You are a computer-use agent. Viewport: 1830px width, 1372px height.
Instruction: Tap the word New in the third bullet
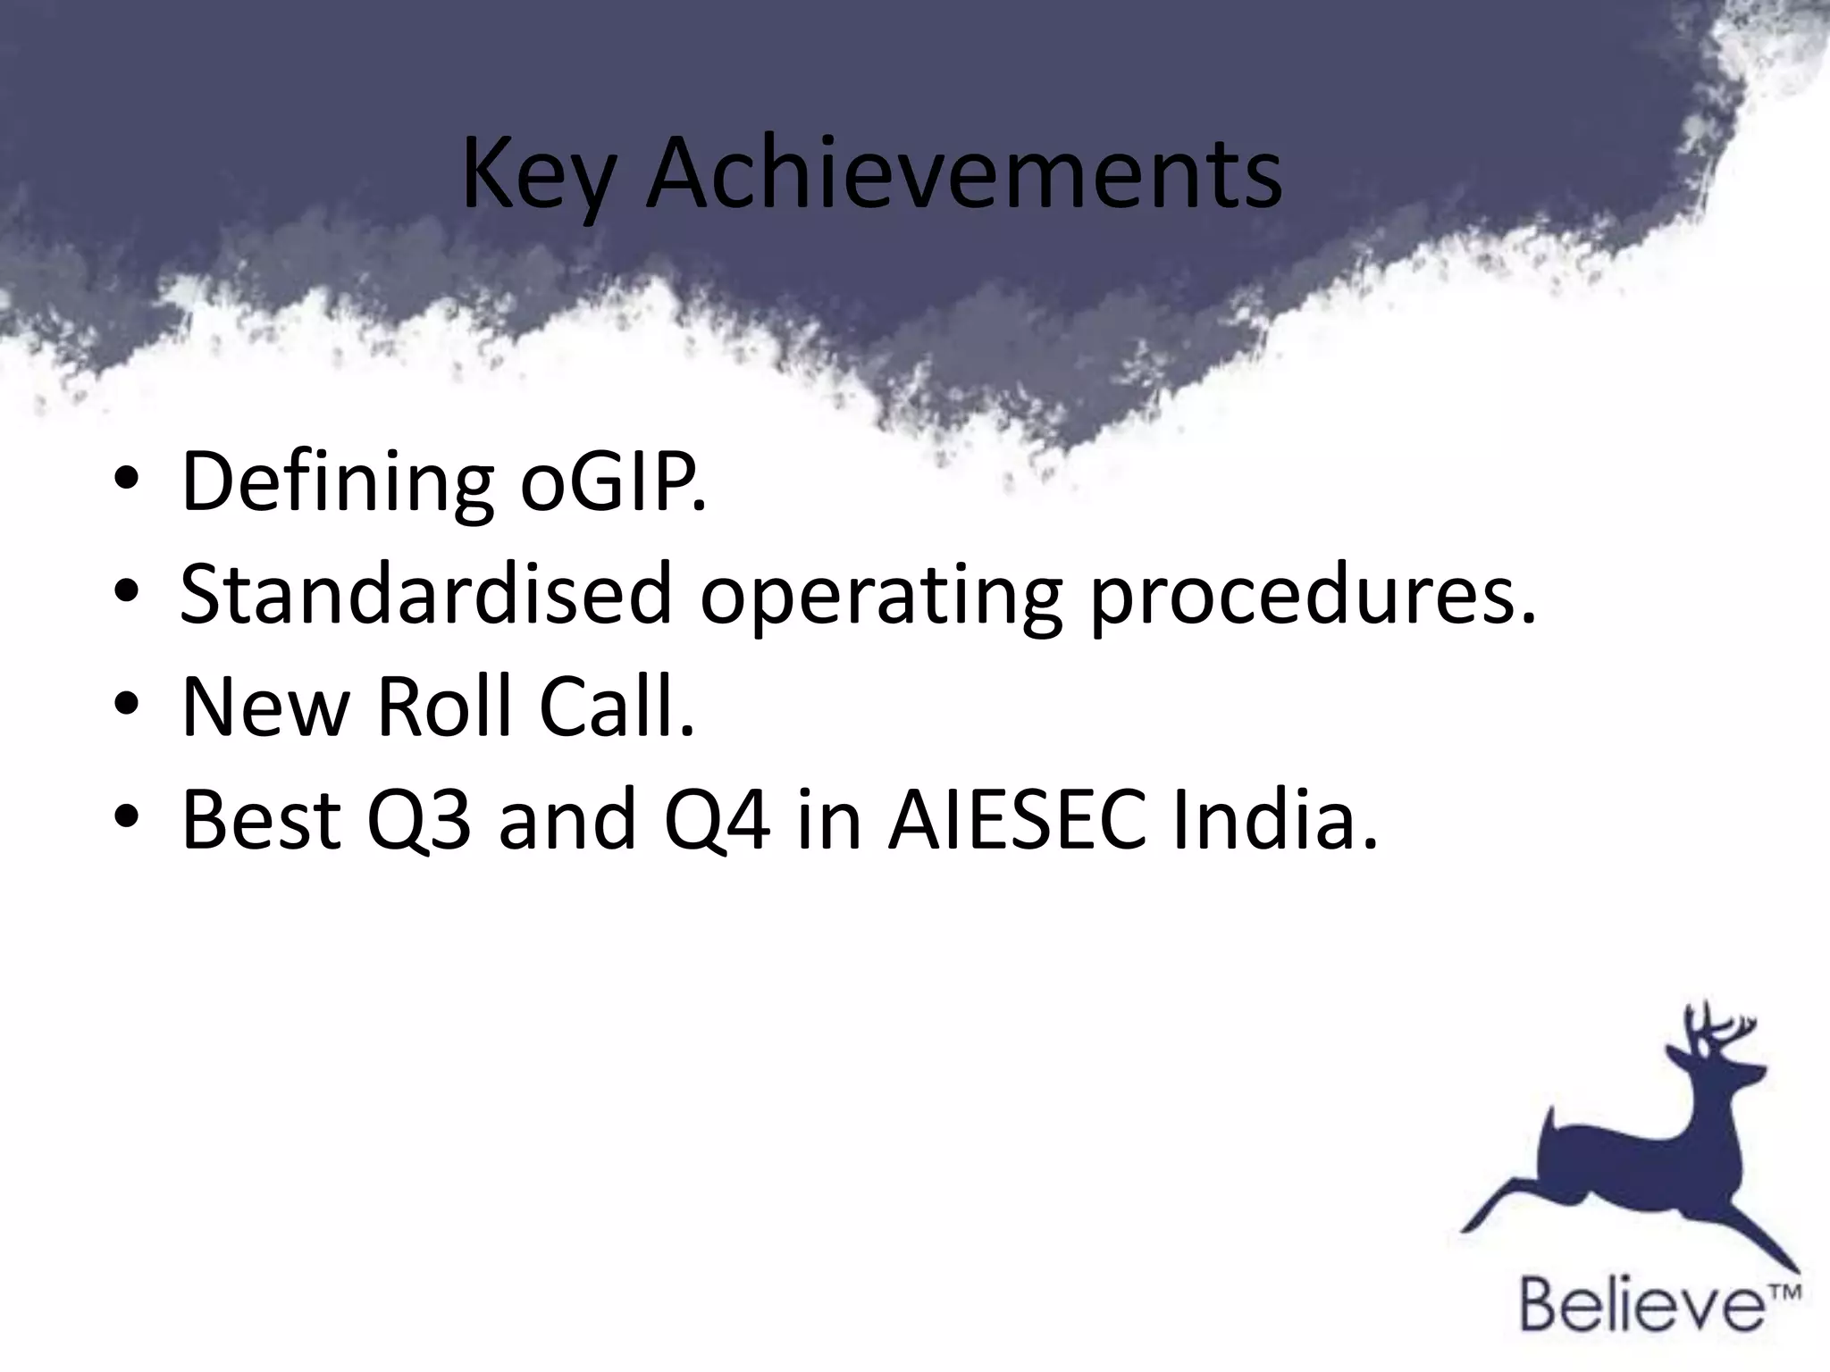(x=264, y=707)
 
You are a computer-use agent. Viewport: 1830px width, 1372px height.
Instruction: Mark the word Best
(x=262, y=819)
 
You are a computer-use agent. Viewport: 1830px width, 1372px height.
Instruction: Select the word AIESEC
(x=1016, y=819)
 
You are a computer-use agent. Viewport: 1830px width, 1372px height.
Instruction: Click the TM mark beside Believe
(x=1785, y=1292)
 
